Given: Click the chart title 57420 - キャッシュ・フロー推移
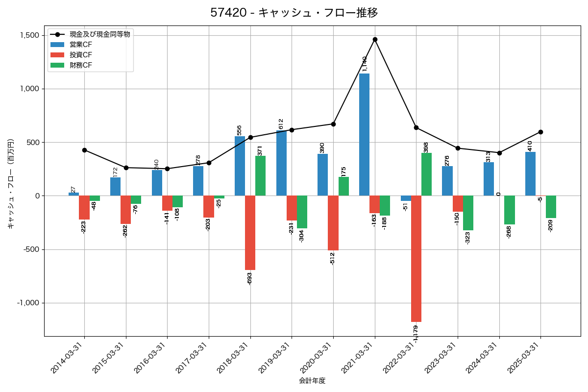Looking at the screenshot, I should pyautogui.click(x=294, y=13).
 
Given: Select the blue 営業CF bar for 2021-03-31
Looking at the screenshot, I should pyautogui.click(x=364, y=135).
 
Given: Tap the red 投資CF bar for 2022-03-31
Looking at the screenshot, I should pyautogui.click(x=416, y=259).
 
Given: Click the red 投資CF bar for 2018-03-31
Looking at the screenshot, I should pyautogui.click(x=250, y=233).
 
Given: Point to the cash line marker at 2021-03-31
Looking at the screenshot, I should pyautogui.click(x=375, y=39).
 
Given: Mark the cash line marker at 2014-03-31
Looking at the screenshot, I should pyautogui.click(x=84, y=150).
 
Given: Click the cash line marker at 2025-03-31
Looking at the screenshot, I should pyautogui.click(x=540, y=132).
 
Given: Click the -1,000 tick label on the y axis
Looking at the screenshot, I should pyautogui.click(x=28, y=303).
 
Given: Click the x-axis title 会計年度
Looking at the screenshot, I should pyautogui.click(x=312, y=381).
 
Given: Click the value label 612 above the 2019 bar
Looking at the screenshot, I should pyautogui.click(x=281, y=123).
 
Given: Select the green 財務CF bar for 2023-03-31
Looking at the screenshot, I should pyautogui.click(x=468, y=213).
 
